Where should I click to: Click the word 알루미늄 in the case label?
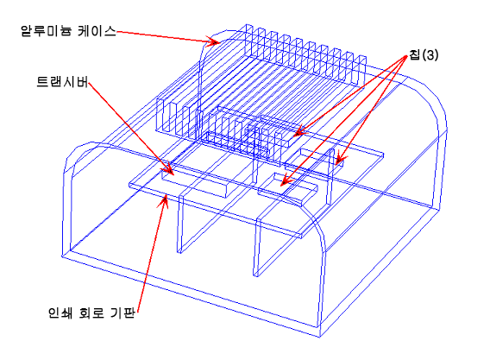47,31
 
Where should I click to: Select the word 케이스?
97,31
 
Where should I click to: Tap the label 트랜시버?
62,82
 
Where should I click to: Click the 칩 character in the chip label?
414,55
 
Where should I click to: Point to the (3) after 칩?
430,55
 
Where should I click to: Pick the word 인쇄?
60,313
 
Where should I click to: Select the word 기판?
123,313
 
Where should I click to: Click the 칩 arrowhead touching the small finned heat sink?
300,132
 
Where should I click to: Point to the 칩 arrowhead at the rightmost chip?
339,159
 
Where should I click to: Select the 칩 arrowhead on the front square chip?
286,180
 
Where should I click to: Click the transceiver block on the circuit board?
195,182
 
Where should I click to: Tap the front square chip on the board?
288,190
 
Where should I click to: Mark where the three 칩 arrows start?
407,56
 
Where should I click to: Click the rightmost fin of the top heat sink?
362,72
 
